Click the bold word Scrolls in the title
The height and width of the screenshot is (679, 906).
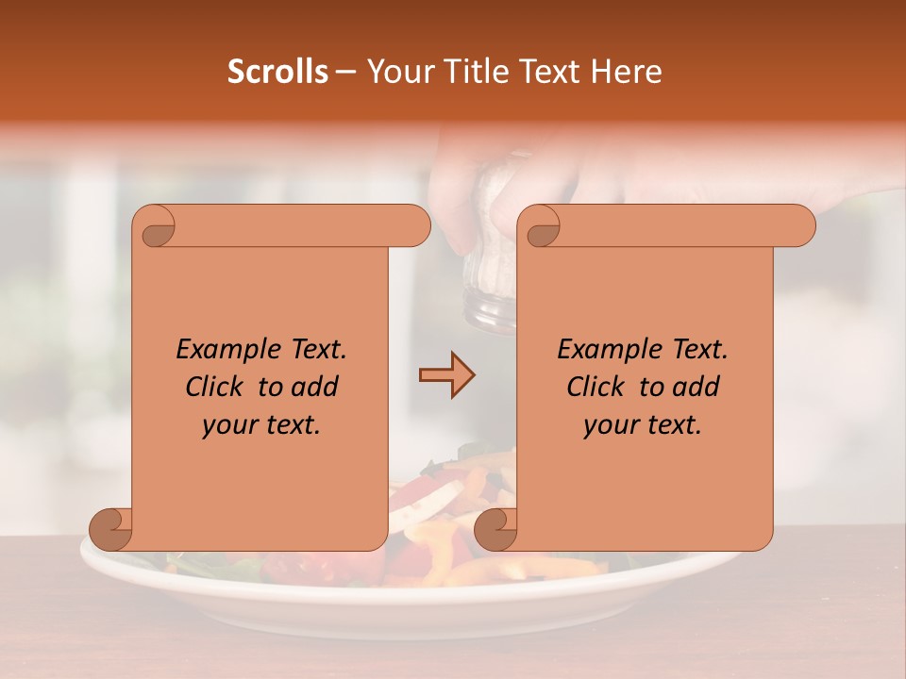pyautogui.click(x=278, y=72)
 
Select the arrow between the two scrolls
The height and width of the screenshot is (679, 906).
pyautogui.click(x=446, y=375)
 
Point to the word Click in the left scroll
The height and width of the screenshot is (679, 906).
pyautogui.click(x=217, y=387)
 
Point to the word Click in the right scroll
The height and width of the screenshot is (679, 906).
pyautogui.click(x=598, y=387)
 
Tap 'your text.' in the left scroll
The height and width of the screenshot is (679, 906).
pyautogui.click(x=261, y=424)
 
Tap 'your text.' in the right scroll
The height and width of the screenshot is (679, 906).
pyautogui.click(x=643, y=424)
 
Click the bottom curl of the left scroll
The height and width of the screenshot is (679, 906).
pyautogui.click(x=110, y=529)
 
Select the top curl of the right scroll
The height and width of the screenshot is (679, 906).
pyautogui.click(x=541, y=227)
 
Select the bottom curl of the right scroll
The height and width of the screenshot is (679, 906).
pyautogui.click(x=495, y=529)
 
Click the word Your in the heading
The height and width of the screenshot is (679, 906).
pyautogui.click(x=394, y=72)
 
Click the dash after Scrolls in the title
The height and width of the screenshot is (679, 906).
pyautogui.click(x=346, y=72)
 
